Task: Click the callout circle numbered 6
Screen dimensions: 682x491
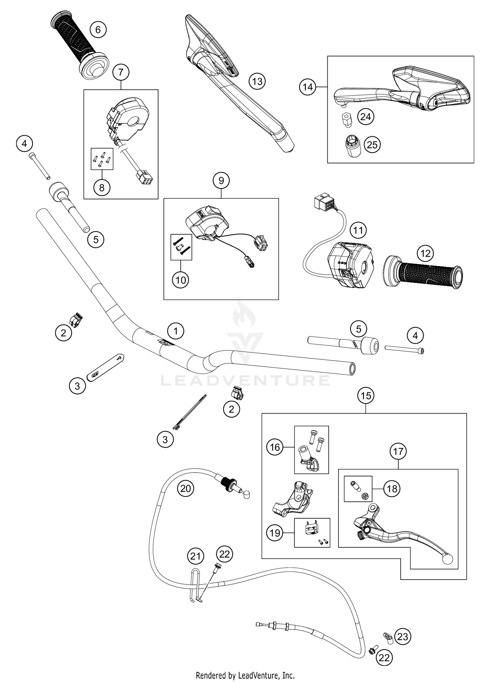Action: tap(98, 30)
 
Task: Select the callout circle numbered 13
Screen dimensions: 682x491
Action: tap(257, 81)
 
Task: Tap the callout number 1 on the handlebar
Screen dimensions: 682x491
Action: tap(176, 331)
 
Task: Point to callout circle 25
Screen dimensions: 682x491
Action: tap(372, 145)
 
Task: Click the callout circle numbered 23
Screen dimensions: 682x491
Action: tap(403, 637)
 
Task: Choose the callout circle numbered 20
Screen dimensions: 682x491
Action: tap(186, 489)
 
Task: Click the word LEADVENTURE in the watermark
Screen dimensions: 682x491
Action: tap(245, 381)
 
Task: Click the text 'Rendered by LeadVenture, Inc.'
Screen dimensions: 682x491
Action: tap(245, 675)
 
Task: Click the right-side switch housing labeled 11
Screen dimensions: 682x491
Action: tap(349, 265)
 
